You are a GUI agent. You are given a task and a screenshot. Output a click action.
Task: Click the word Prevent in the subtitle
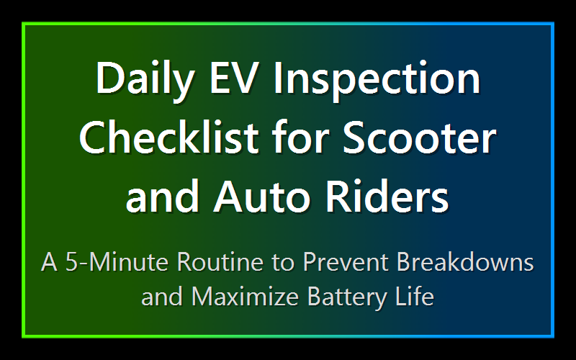click(x=345, y=261)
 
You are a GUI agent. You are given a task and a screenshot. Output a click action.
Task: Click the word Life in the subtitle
click(x=417, y=296)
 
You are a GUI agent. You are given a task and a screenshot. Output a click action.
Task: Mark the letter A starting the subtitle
click(x=49, y=261)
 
